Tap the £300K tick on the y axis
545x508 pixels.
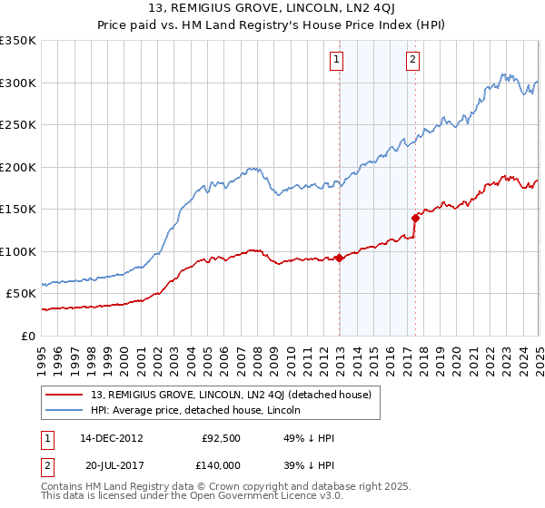click(x=18, y=83)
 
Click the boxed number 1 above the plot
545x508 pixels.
click(x=337, y=60)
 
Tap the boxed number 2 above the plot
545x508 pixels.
click(x=413, y=60)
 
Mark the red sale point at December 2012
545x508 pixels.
click(x=340, y=258)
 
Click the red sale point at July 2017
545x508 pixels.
click(x=415, y=218)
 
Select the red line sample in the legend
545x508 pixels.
click(x=65, y=396)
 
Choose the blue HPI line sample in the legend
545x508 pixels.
click(x=65, y=412)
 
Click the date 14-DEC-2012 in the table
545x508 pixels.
click(x=112, y=438)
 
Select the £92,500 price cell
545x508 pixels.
click(x=221, y=438)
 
